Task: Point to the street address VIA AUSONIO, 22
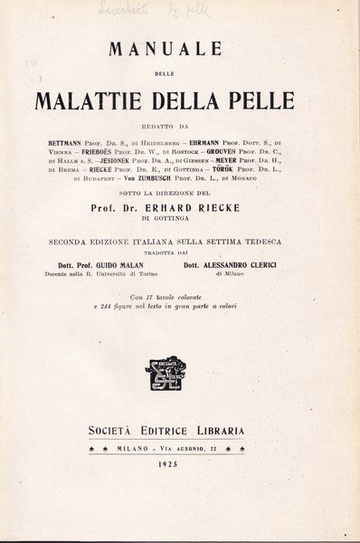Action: [x=214, y=450]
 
